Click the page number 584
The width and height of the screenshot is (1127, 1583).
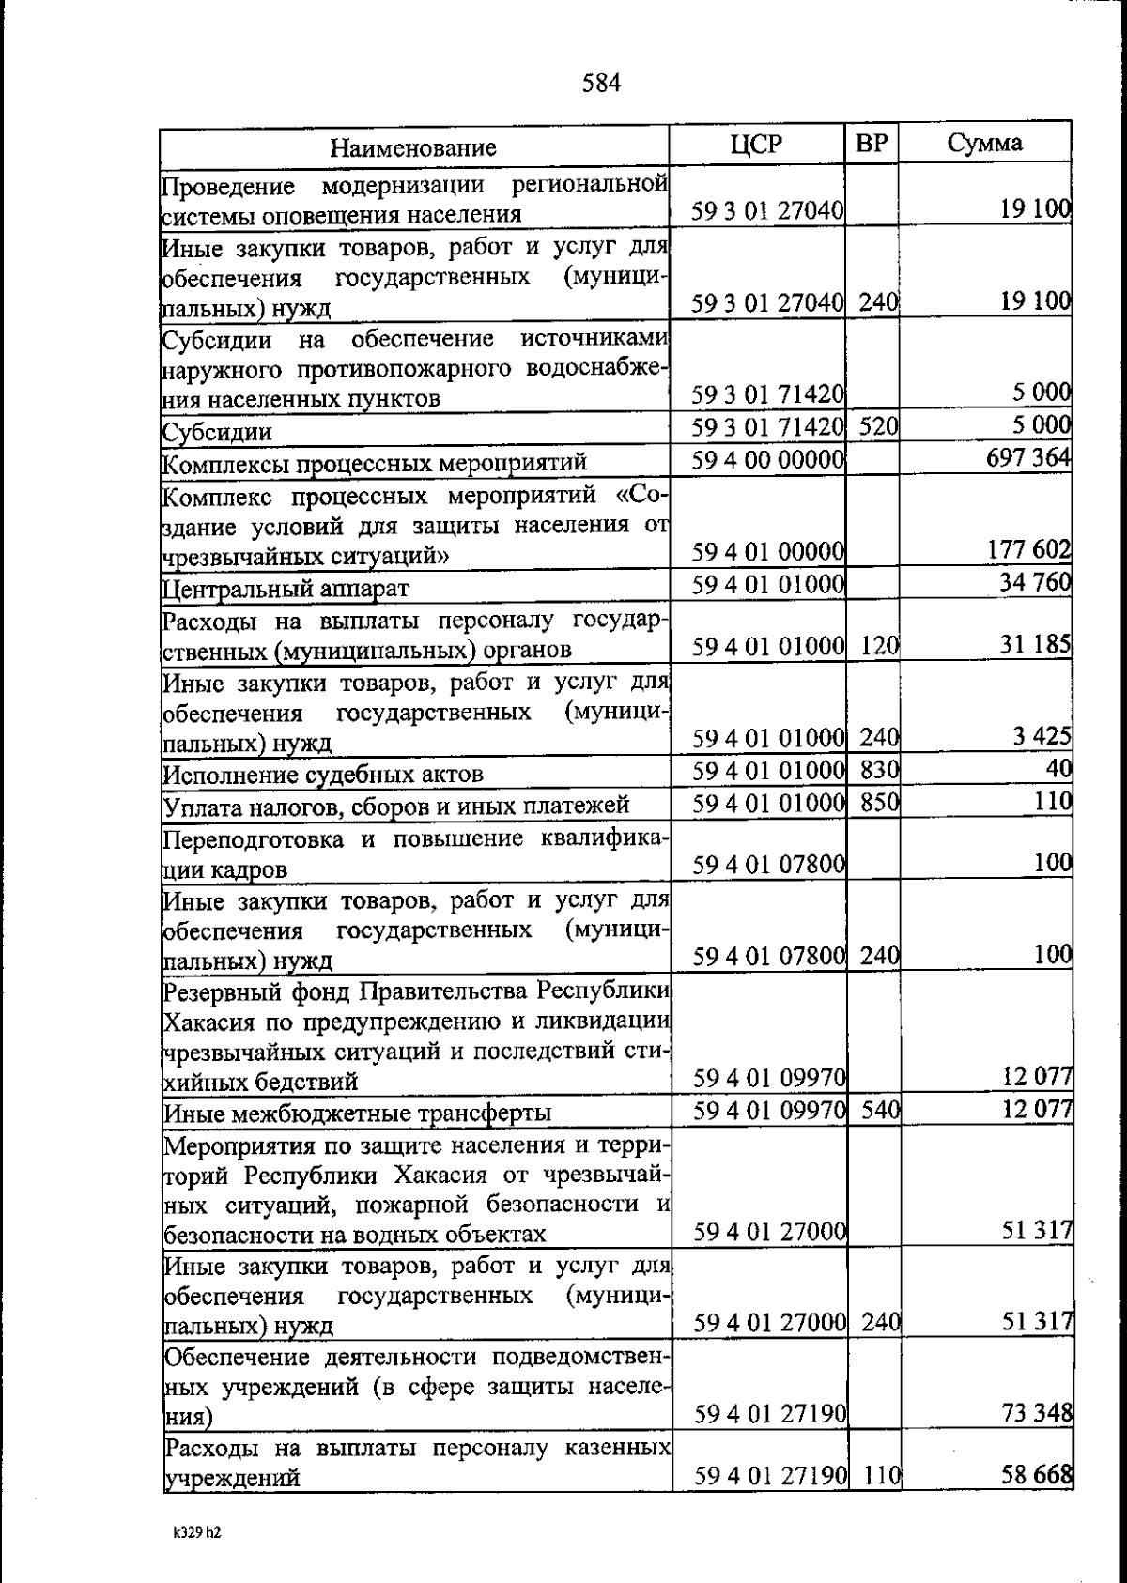(x=601, y=85)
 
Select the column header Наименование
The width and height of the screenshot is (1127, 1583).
(x=413, y=147)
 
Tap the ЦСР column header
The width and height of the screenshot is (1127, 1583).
(x=756, y=144)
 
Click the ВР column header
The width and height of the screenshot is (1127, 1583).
(x=872, y=144)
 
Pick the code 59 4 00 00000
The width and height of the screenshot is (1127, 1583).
(x=769, y=461)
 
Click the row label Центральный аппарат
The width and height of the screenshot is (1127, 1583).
(x=286, y=589)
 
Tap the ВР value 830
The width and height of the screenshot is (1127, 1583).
(x=880, y=771)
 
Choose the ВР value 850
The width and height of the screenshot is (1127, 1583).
(x=880, y=803)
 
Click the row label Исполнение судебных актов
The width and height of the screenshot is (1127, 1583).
(x=324, y=775)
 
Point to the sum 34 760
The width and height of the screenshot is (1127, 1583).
(x=1035, y=583)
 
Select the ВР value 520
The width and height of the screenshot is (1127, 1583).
(x=879, y=427)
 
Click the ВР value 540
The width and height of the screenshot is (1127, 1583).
(x=881, y=1111)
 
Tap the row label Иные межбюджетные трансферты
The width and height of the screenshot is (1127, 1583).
(x=358, y=1114)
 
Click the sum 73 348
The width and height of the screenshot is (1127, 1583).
(x=1037, y=1412)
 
